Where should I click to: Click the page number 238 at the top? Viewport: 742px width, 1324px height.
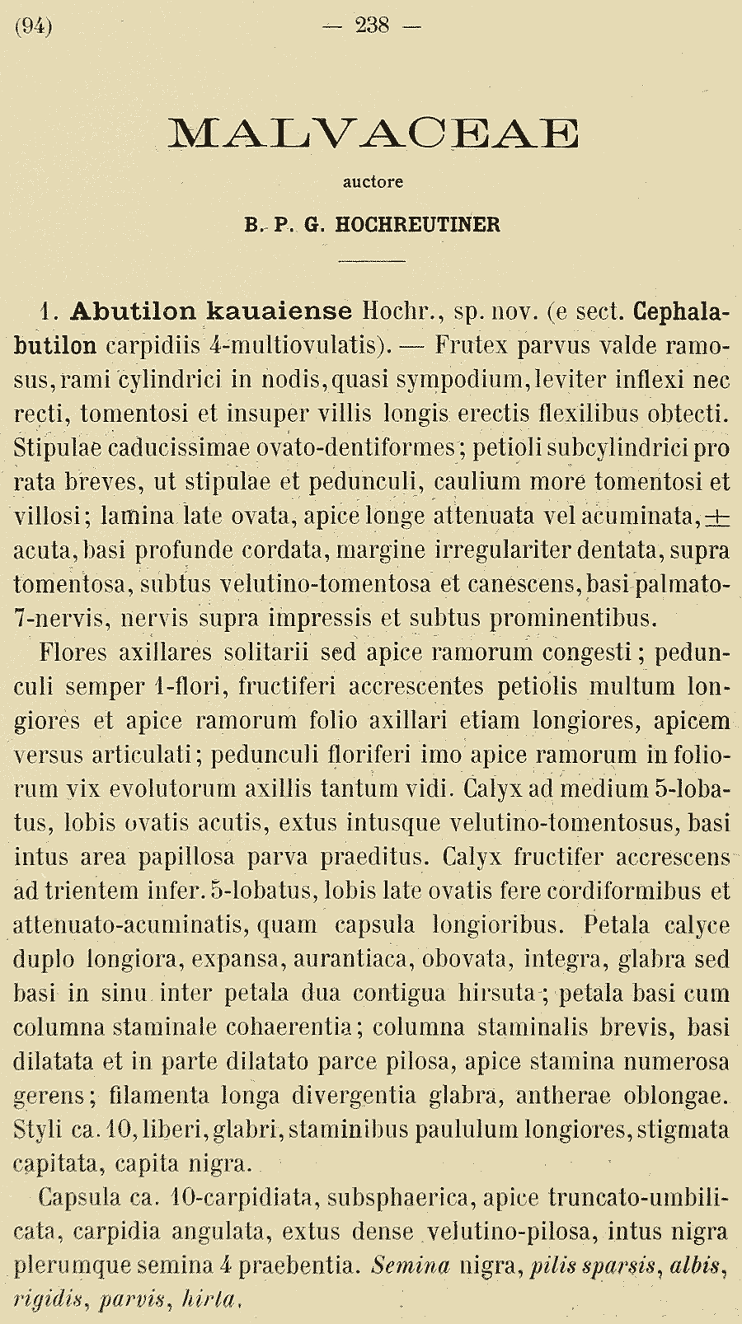(372, 26)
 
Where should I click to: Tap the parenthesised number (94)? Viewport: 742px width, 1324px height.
(34, 26)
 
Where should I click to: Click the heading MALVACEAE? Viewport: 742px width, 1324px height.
(373, 133)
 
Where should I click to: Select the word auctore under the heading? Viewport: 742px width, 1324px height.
(373, 181)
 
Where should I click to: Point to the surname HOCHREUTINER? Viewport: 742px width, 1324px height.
(418, 225)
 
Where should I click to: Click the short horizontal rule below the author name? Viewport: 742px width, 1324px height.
(373, 260)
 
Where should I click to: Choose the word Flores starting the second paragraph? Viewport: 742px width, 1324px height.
(74, 653)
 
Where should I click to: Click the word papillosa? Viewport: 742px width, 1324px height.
(189, 857)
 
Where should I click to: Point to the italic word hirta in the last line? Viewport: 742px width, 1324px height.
(211, 1299)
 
